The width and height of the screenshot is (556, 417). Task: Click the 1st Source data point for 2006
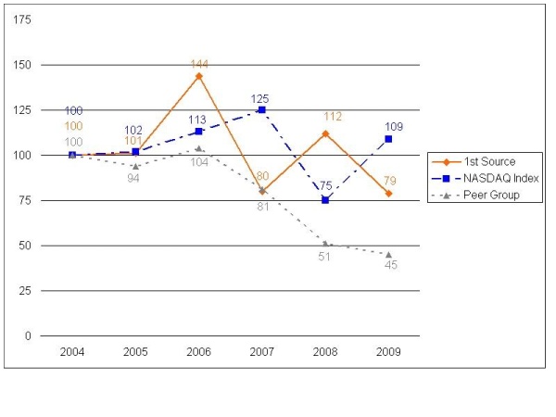tap(198, 76)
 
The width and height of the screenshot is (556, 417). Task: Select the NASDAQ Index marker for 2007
tap(262, 110)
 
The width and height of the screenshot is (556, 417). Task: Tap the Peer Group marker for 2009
tap(388, 255)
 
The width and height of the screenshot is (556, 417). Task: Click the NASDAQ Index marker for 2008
tap(325, 200)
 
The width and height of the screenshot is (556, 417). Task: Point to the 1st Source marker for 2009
tap(388, 194)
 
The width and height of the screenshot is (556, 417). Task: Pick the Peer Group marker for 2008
tap(325, 244)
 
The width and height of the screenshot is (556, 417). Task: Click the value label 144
tap(198, 64)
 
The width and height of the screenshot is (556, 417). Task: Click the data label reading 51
tap(325, 257)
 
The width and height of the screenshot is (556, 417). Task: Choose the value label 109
tap(394, 125)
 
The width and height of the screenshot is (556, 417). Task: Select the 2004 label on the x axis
tap(72, 353)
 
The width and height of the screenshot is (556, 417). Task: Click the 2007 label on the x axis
tap(262, 353)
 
